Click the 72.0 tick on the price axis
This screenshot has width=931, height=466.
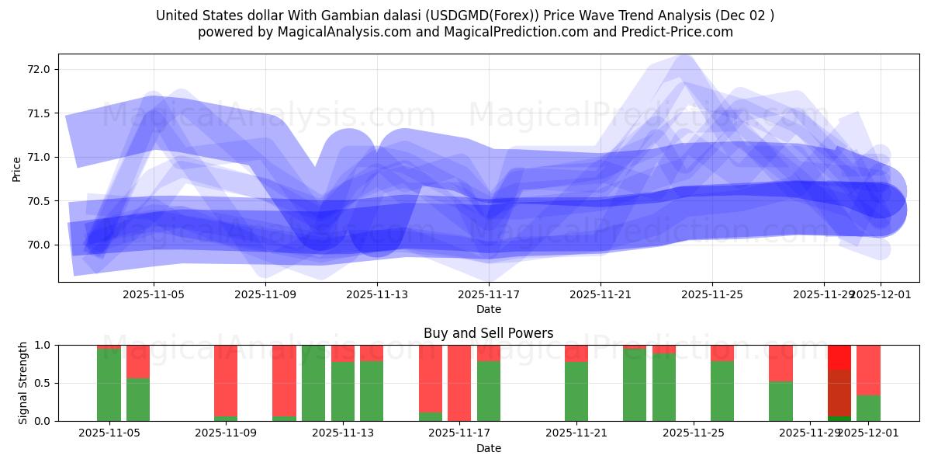39,69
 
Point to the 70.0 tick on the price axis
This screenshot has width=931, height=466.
39,245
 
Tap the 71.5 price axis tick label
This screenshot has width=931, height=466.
39,113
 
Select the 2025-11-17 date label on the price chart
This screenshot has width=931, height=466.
489,295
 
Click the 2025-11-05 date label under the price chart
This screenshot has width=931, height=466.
154,295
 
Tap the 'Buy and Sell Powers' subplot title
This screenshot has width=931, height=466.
489,333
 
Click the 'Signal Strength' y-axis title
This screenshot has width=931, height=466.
23,383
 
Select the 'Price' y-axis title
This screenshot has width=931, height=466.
17,168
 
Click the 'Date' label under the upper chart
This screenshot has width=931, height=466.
489,309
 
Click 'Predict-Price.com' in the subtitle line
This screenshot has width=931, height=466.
682,32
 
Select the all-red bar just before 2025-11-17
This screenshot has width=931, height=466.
459,383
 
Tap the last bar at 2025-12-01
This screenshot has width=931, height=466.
868,383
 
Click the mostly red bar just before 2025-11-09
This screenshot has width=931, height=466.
226,383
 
